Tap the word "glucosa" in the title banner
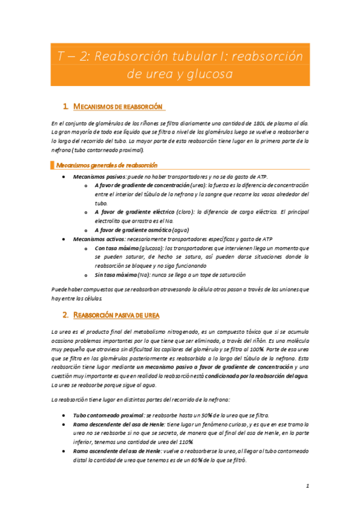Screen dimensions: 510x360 click(x=209, y=75)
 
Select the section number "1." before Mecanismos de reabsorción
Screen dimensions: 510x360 click(x=66, y=106)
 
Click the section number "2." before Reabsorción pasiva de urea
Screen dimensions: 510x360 click(x=66, y=315)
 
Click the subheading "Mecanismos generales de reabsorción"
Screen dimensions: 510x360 click(x=106, y=164)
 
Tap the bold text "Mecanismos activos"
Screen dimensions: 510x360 click(x=99, y=239)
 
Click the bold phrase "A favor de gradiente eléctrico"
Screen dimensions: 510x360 click(x=135, y=212)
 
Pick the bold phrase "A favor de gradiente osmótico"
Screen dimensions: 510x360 click(x=133, y=230)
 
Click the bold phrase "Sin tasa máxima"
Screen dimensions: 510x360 click(x=116, y=274)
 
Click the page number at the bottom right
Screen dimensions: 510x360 click(x=307, y=486)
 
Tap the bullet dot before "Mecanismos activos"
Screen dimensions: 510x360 click(x=64, y=239)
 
